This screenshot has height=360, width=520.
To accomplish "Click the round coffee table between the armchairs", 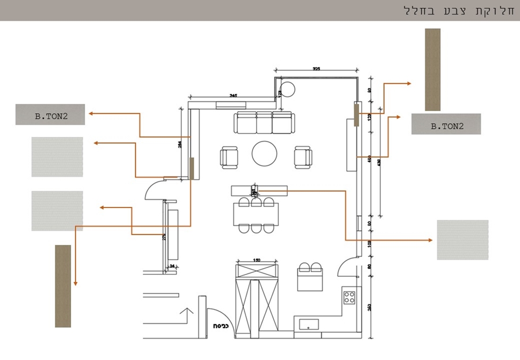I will (x=265, y=154).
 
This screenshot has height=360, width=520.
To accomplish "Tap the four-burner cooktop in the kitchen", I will (x=350, y=298).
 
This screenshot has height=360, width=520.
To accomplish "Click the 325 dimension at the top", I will (x=316, y=69).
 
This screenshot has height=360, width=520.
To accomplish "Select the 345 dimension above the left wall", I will (x=233, y=94).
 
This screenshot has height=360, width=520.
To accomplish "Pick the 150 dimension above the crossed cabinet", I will (x=257, y=260).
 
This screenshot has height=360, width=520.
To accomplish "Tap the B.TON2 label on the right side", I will (x=446, y=124).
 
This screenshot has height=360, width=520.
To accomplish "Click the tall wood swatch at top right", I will (x=433, y=69).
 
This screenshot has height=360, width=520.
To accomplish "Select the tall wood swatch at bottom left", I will (x=63, y=286).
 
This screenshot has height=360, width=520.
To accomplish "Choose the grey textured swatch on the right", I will (x=462, y=240).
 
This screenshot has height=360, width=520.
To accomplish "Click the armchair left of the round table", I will (x=229, y=157).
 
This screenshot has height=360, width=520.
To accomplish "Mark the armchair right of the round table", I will (x=303, y=157).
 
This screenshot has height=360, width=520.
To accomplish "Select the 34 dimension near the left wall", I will (x=172, y=266).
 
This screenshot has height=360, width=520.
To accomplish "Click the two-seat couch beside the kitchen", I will (x=310, y=277).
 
